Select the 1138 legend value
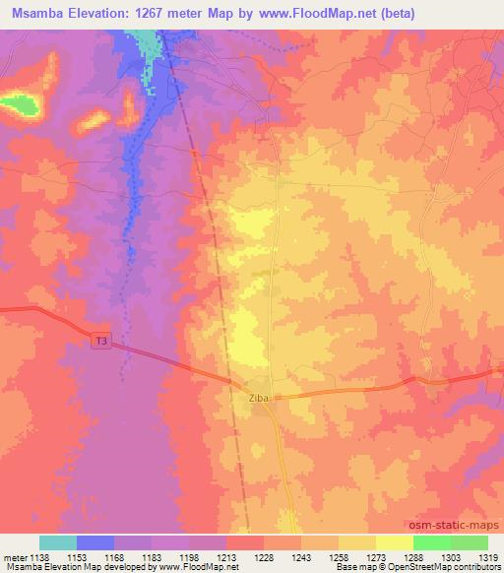(38, 556)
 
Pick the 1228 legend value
(263, 556)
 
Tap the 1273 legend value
(375, 556)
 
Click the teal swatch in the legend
(58, 542)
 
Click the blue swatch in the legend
(95, 542)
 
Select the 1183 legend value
(151, 556)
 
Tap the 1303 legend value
(450, 556)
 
